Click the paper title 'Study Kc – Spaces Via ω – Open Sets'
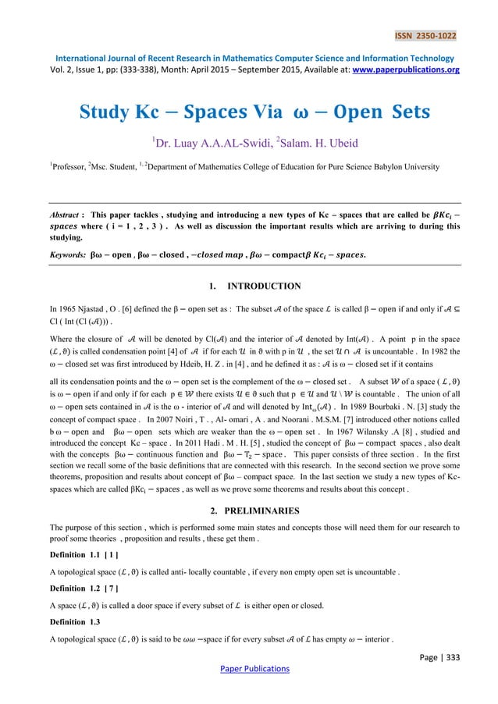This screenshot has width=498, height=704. tap(254, 112)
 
